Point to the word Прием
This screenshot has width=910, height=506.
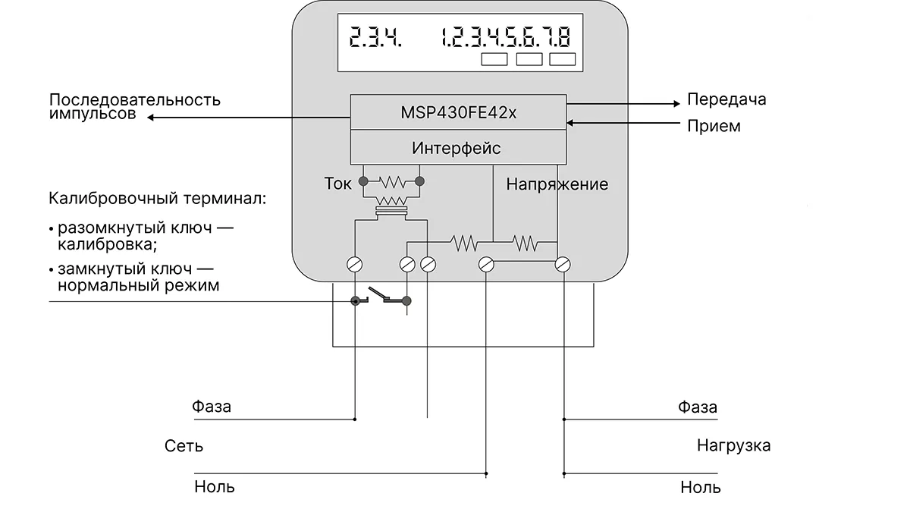pos(713,126)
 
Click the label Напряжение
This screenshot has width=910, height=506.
pos(557,184)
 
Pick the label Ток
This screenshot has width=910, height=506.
pos(338,184)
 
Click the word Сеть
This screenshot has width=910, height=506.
pos(184,446)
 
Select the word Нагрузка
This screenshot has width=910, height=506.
pos(733,445)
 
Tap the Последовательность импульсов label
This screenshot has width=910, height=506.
pos(135,107)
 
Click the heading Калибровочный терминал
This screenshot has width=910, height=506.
pos(157,200)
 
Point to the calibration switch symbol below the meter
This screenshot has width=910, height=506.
pos(381,298)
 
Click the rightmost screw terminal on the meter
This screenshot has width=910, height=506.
pos(563,264)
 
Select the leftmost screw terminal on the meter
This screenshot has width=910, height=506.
pos(354,264)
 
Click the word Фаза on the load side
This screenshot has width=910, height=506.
pos(697,407)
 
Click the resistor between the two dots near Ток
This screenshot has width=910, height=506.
pos(391,181)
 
